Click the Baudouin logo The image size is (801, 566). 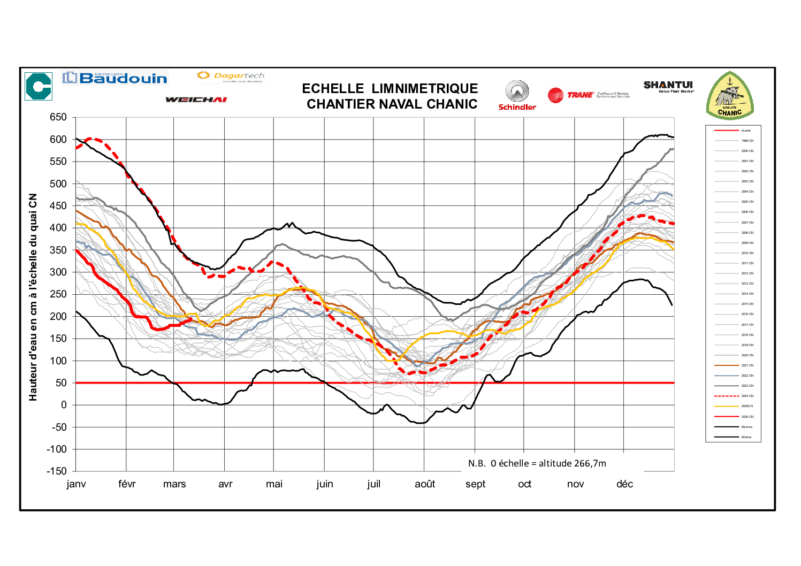[x=115, y=78]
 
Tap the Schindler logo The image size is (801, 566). [x=517, y=95]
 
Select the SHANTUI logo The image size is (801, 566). [x=668, y=86]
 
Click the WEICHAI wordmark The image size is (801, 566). [x=196, y=100]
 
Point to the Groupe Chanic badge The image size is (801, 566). [x=730, y=96]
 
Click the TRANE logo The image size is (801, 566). [x=588, y=95]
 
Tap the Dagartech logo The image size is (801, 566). [x=231, y=77]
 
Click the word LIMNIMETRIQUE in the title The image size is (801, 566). [x=425, y=89]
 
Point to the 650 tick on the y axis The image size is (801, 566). [x=58, y=117]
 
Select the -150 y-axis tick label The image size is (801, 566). [x=56, y=471]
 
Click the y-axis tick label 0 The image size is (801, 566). [x=64, y=405]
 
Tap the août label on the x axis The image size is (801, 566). [x=425, y=484]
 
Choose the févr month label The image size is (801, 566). [x=127, y=484]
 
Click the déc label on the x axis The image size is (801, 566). [x=624, y=484]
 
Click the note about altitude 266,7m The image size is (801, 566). [x=537, y=463]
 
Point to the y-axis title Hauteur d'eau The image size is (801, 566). [x=34, y=297]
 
